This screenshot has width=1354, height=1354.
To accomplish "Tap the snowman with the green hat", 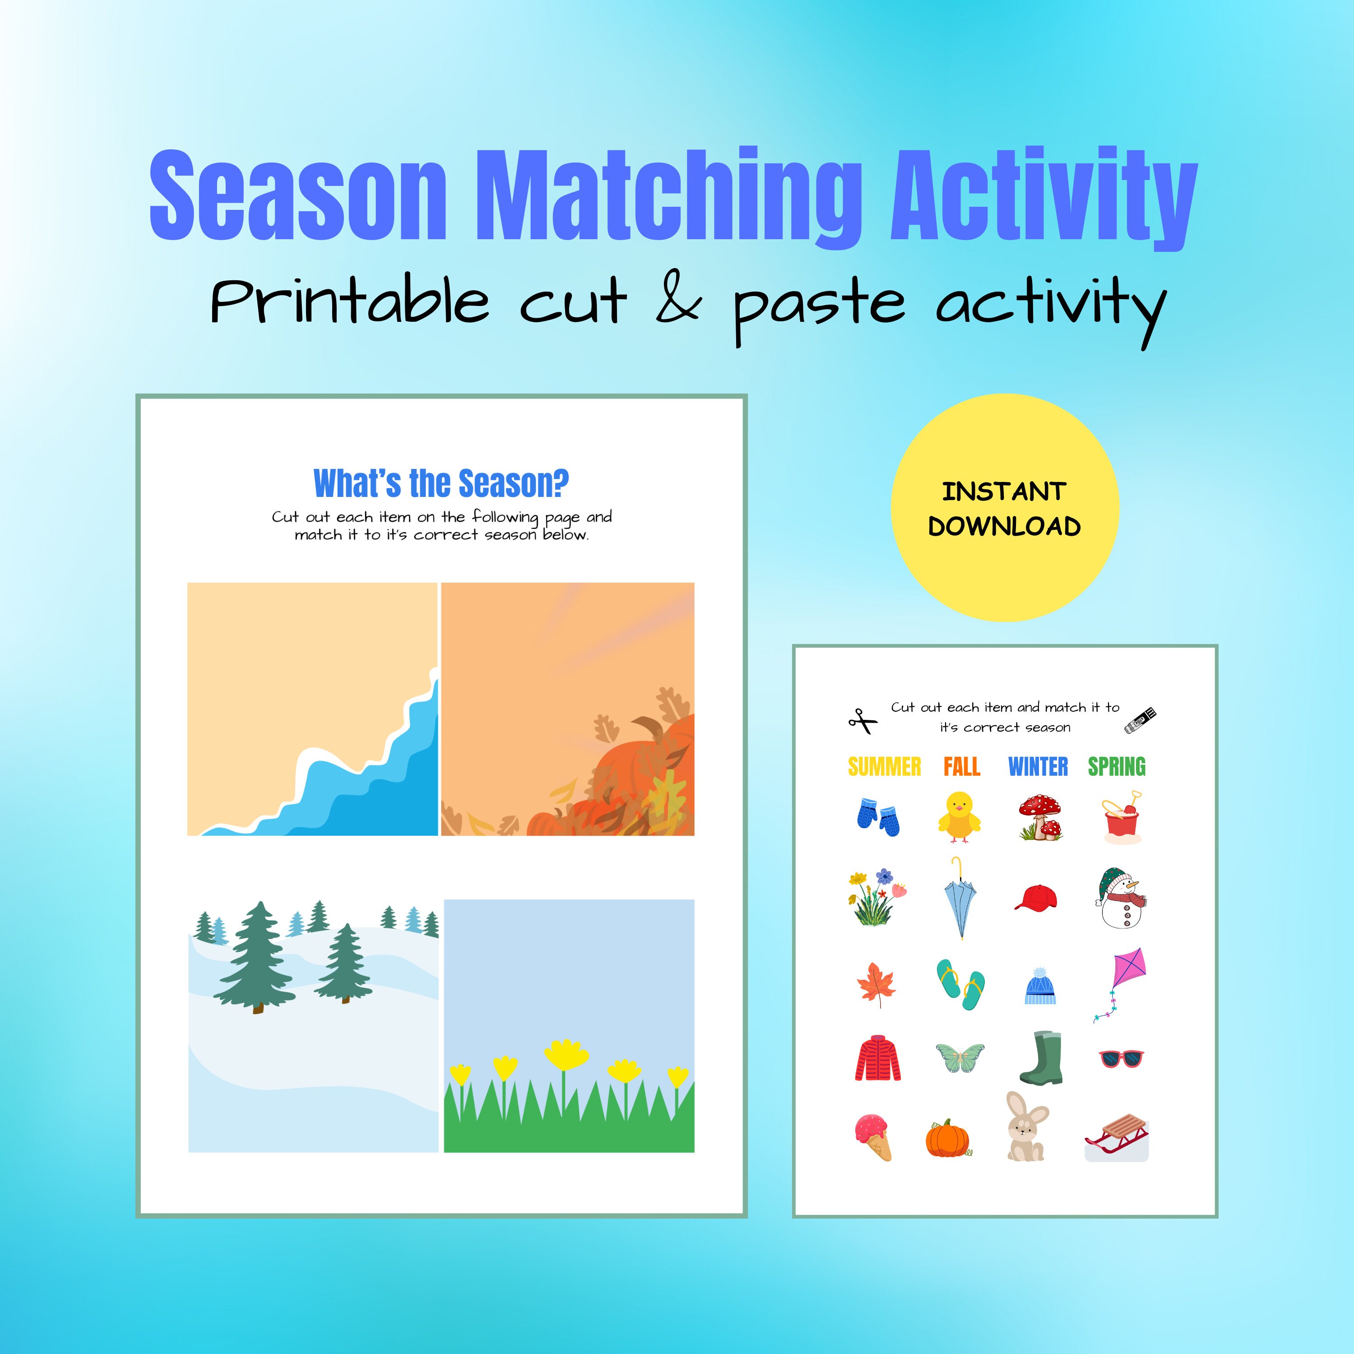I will [x=1120, y=899].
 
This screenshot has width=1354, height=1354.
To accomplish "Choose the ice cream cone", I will [x=873, y=1137].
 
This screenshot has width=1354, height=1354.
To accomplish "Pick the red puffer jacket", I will [x=877, y=1058].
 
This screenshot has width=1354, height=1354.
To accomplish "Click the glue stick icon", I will [x=1140, y=720].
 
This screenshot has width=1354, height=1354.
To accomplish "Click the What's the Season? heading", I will [x=441, y=483].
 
